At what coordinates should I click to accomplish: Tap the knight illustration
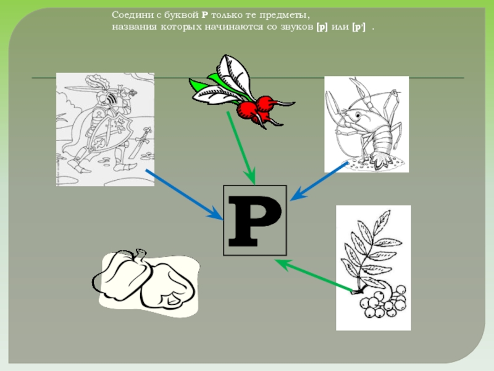[x=105, y=129]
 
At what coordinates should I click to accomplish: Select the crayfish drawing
[x=366, y=124]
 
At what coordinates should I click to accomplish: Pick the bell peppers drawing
[x=147, y=285]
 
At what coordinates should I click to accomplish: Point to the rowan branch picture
[x=373, y=267]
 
